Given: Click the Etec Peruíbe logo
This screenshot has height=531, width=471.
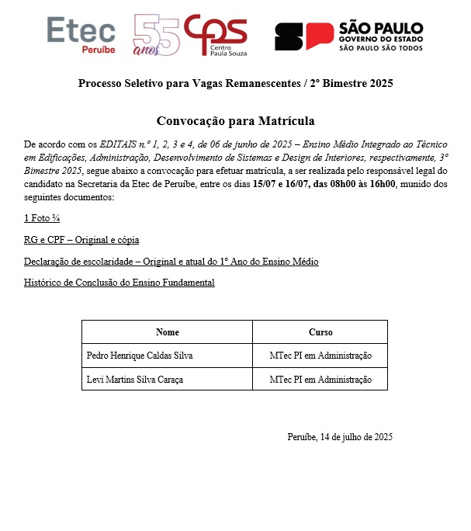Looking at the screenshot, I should (81, 35).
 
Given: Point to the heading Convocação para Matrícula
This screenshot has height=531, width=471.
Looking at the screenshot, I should (236, 121).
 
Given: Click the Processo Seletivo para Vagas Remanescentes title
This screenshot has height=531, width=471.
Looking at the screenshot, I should (236, 83).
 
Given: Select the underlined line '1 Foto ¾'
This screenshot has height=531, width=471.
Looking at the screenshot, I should (46, 219).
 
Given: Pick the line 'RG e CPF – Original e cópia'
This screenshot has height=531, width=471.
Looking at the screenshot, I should (81, 240).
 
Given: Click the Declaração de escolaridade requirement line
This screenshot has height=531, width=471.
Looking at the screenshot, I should (171, 261).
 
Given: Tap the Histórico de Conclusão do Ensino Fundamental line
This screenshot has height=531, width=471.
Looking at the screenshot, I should (119, 282).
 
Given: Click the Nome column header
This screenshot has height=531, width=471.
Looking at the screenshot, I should (167, 332).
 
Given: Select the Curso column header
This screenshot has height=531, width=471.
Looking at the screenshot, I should (320, 332).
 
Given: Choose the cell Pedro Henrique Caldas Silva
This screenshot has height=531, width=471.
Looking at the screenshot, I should (140, 356).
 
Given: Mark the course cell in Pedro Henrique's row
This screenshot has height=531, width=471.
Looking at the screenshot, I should (320, 356).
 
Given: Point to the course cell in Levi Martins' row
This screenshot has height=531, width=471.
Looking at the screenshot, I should (320, 380).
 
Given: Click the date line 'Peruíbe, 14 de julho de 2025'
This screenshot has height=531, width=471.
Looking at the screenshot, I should (339, 436).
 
